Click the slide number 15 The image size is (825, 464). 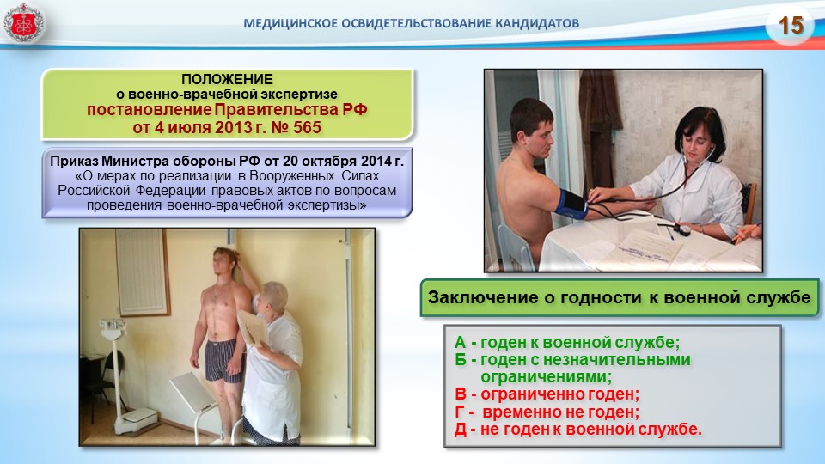791,25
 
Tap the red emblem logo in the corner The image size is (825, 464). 23,22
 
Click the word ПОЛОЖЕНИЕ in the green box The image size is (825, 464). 227,79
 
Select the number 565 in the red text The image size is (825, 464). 307,127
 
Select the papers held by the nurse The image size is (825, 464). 254,328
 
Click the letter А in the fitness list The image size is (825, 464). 460,343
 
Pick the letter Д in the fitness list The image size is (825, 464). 461,430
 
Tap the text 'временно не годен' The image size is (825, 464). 560,412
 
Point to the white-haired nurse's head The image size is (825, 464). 274,296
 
